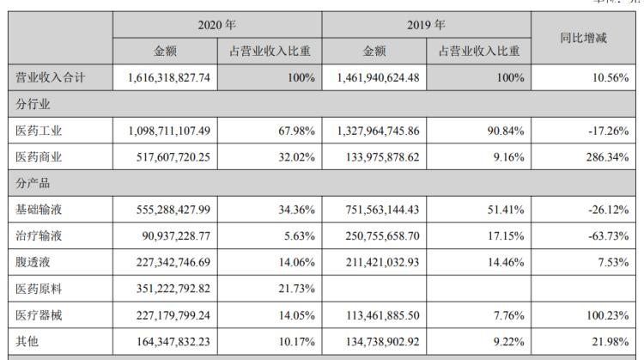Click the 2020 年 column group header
coord(216,25)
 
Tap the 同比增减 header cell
coord(586,38)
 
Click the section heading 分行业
coord(34,105)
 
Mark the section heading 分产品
coord(34,184)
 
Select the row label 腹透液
coord(34,263)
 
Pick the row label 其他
coord(28,342)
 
